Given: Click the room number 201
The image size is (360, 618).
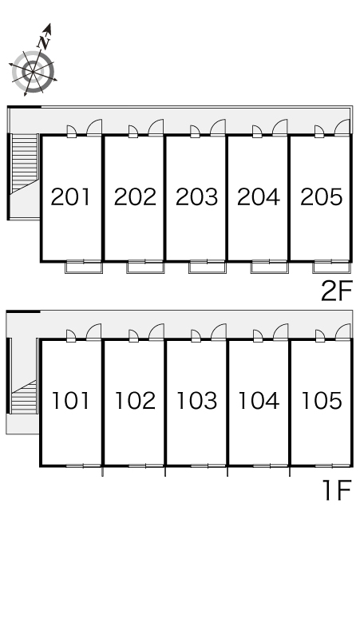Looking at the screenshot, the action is tap(70, 196).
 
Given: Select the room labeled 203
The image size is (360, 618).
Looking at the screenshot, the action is tap(196, 196).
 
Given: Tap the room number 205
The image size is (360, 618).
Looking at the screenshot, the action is tap(322, 196).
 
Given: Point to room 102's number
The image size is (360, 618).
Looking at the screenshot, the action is tap(135, 401).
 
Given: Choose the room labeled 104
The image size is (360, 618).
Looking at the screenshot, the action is tap(259, 401).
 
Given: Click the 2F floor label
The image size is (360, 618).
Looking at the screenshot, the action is tap(336, 291).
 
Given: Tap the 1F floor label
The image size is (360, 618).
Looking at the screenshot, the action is tap(337, 490).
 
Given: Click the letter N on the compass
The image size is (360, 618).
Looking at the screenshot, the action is tap(45, 42).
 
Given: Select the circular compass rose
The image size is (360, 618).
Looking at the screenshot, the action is tap(33, 72).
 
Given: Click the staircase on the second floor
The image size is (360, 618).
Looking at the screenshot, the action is tap(25, 164).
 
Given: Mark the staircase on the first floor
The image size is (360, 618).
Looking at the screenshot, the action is tap(25, 396).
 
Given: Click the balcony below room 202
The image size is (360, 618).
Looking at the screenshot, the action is tap(145, 267).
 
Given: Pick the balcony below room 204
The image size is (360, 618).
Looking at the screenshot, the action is tap(270, 267).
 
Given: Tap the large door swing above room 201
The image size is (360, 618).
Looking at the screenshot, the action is tap(94, 127).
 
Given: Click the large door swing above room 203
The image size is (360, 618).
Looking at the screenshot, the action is tap(218, 127).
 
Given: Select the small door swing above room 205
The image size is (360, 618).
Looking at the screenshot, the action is tap(319, 131).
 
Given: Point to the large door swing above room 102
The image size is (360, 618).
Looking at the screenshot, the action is tap(156, 332).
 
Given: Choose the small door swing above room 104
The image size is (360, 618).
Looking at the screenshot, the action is tap(258, 336).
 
